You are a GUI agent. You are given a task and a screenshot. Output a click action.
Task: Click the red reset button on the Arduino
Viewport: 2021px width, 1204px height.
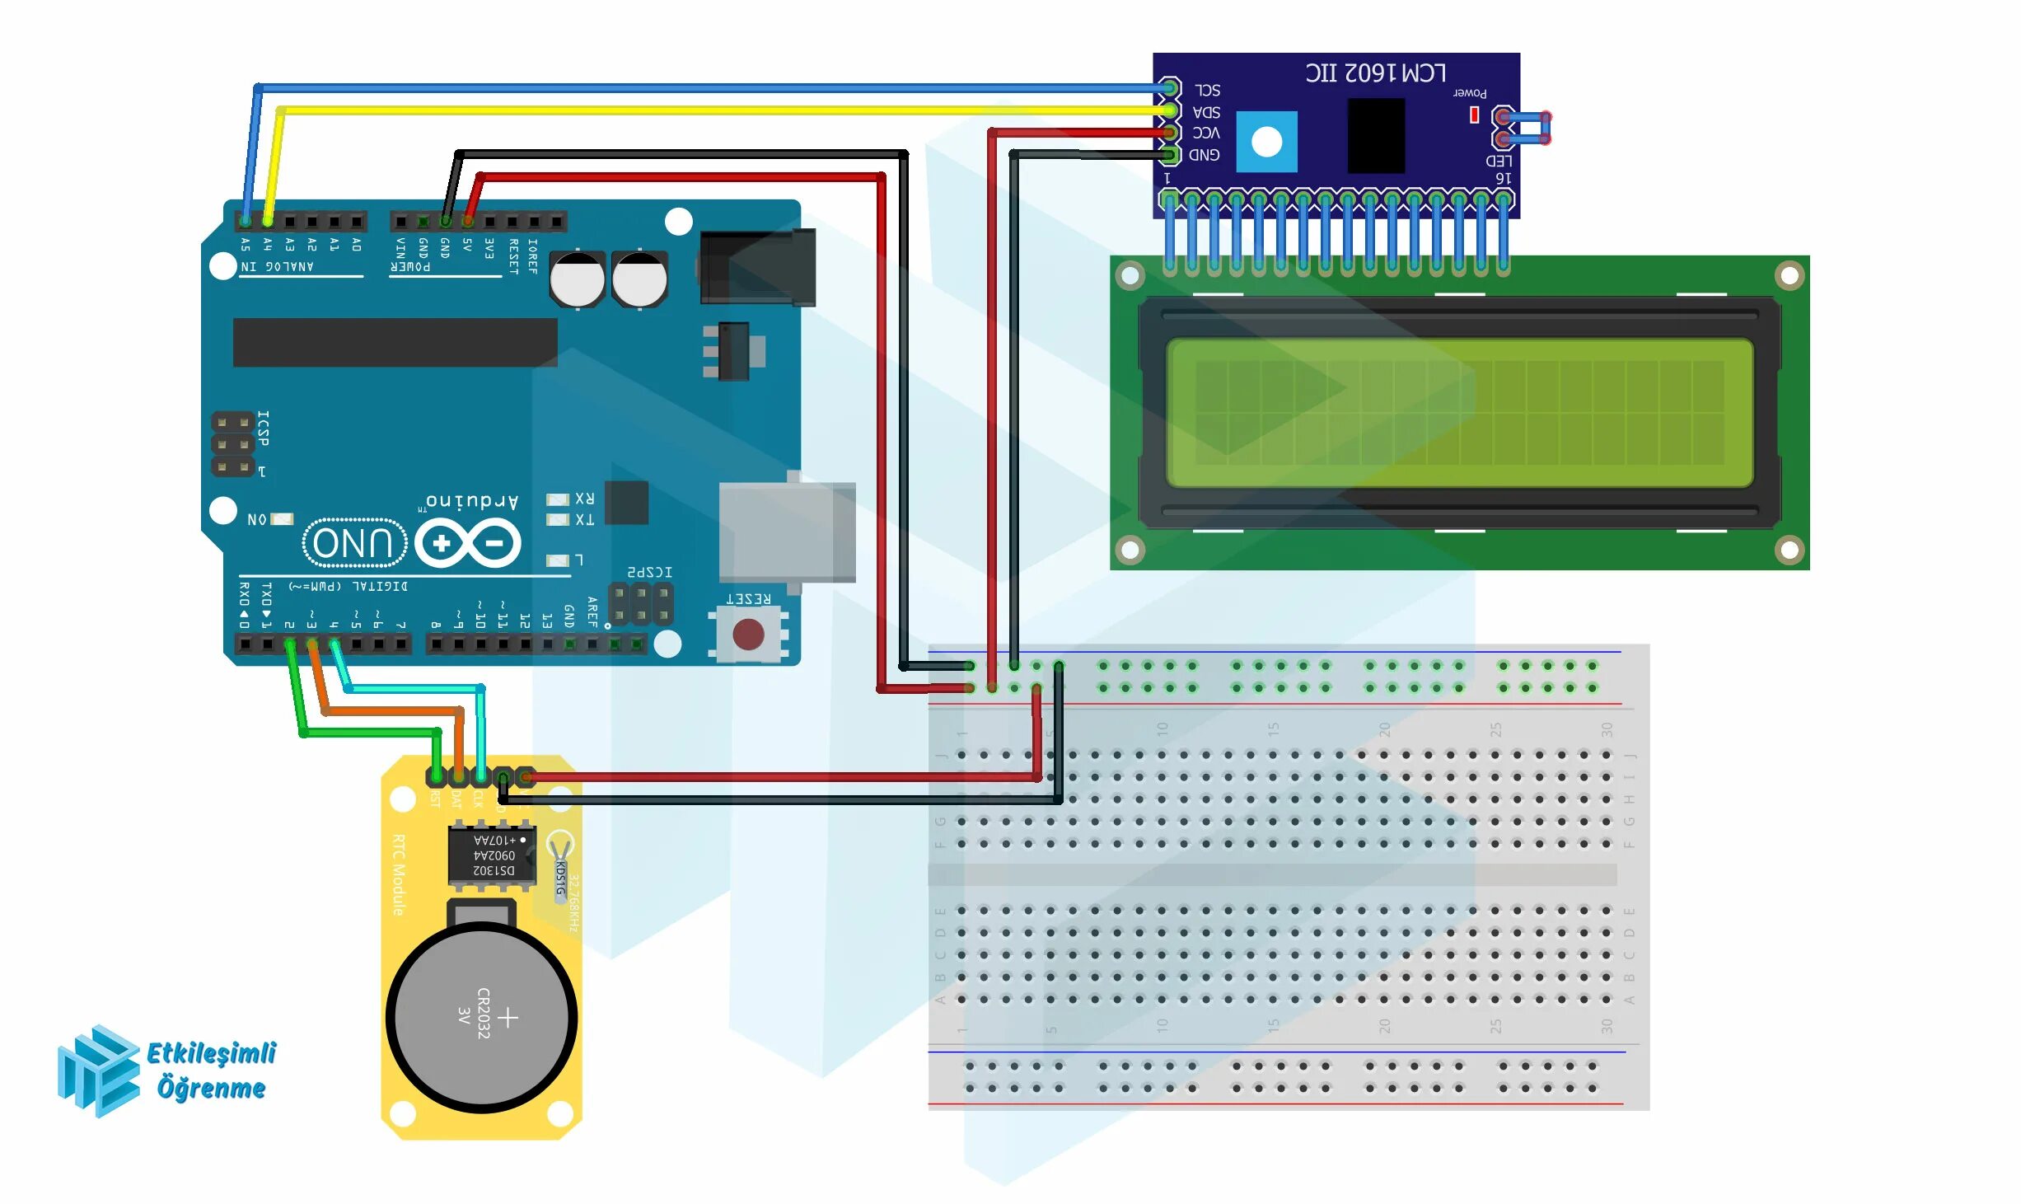(747, 634)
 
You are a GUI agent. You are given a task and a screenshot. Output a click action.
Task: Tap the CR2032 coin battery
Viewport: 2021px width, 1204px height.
(481, 1018)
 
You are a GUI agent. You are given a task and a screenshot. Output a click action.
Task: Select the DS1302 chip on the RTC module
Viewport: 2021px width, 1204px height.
(492, 855)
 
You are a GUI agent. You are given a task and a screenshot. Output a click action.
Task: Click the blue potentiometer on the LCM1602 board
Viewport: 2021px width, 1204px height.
(1266, 142)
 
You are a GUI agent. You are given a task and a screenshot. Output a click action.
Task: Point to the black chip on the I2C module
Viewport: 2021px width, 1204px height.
(1375, 135)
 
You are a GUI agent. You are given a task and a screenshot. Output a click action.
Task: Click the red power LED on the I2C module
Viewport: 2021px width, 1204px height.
(1474, 115)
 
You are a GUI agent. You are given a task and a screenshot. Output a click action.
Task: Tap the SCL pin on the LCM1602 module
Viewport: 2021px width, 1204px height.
(1169, 87)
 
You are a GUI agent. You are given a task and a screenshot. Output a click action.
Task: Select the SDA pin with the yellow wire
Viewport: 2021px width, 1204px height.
(1169, 110)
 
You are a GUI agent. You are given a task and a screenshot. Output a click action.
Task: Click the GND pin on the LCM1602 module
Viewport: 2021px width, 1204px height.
(1169, 154)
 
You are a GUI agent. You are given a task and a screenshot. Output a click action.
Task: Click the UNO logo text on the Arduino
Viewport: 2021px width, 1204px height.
(354, 543)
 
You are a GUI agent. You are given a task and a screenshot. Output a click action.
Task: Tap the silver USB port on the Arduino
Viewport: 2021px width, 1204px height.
(786, 532)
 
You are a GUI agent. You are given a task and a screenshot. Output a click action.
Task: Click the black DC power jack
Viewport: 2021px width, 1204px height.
(757, 267)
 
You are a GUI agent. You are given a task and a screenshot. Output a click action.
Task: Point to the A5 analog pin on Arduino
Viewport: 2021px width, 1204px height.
(246, 221)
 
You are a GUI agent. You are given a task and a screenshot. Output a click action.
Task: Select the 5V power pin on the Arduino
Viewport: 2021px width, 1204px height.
(468, 221)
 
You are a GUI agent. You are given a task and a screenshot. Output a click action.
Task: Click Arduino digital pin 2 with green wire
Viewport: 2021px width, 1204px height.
(289, 644)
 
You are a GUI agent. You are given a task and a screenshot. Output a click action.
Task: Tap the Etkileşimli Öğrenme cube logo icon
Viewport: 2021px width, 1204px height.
(98, 1071)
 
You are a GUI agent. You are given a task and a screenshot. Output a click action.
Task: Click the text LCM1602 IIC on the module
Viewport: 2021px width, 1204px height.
(1375, 73)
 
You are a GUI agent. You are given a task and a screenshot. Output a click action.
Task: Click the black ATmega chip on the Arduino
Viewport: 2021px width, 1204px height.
(395, 342)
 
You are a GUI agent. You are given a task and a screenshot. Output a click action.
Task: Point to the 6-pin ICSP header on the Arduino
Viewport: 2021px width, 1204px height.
(233, 445)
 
